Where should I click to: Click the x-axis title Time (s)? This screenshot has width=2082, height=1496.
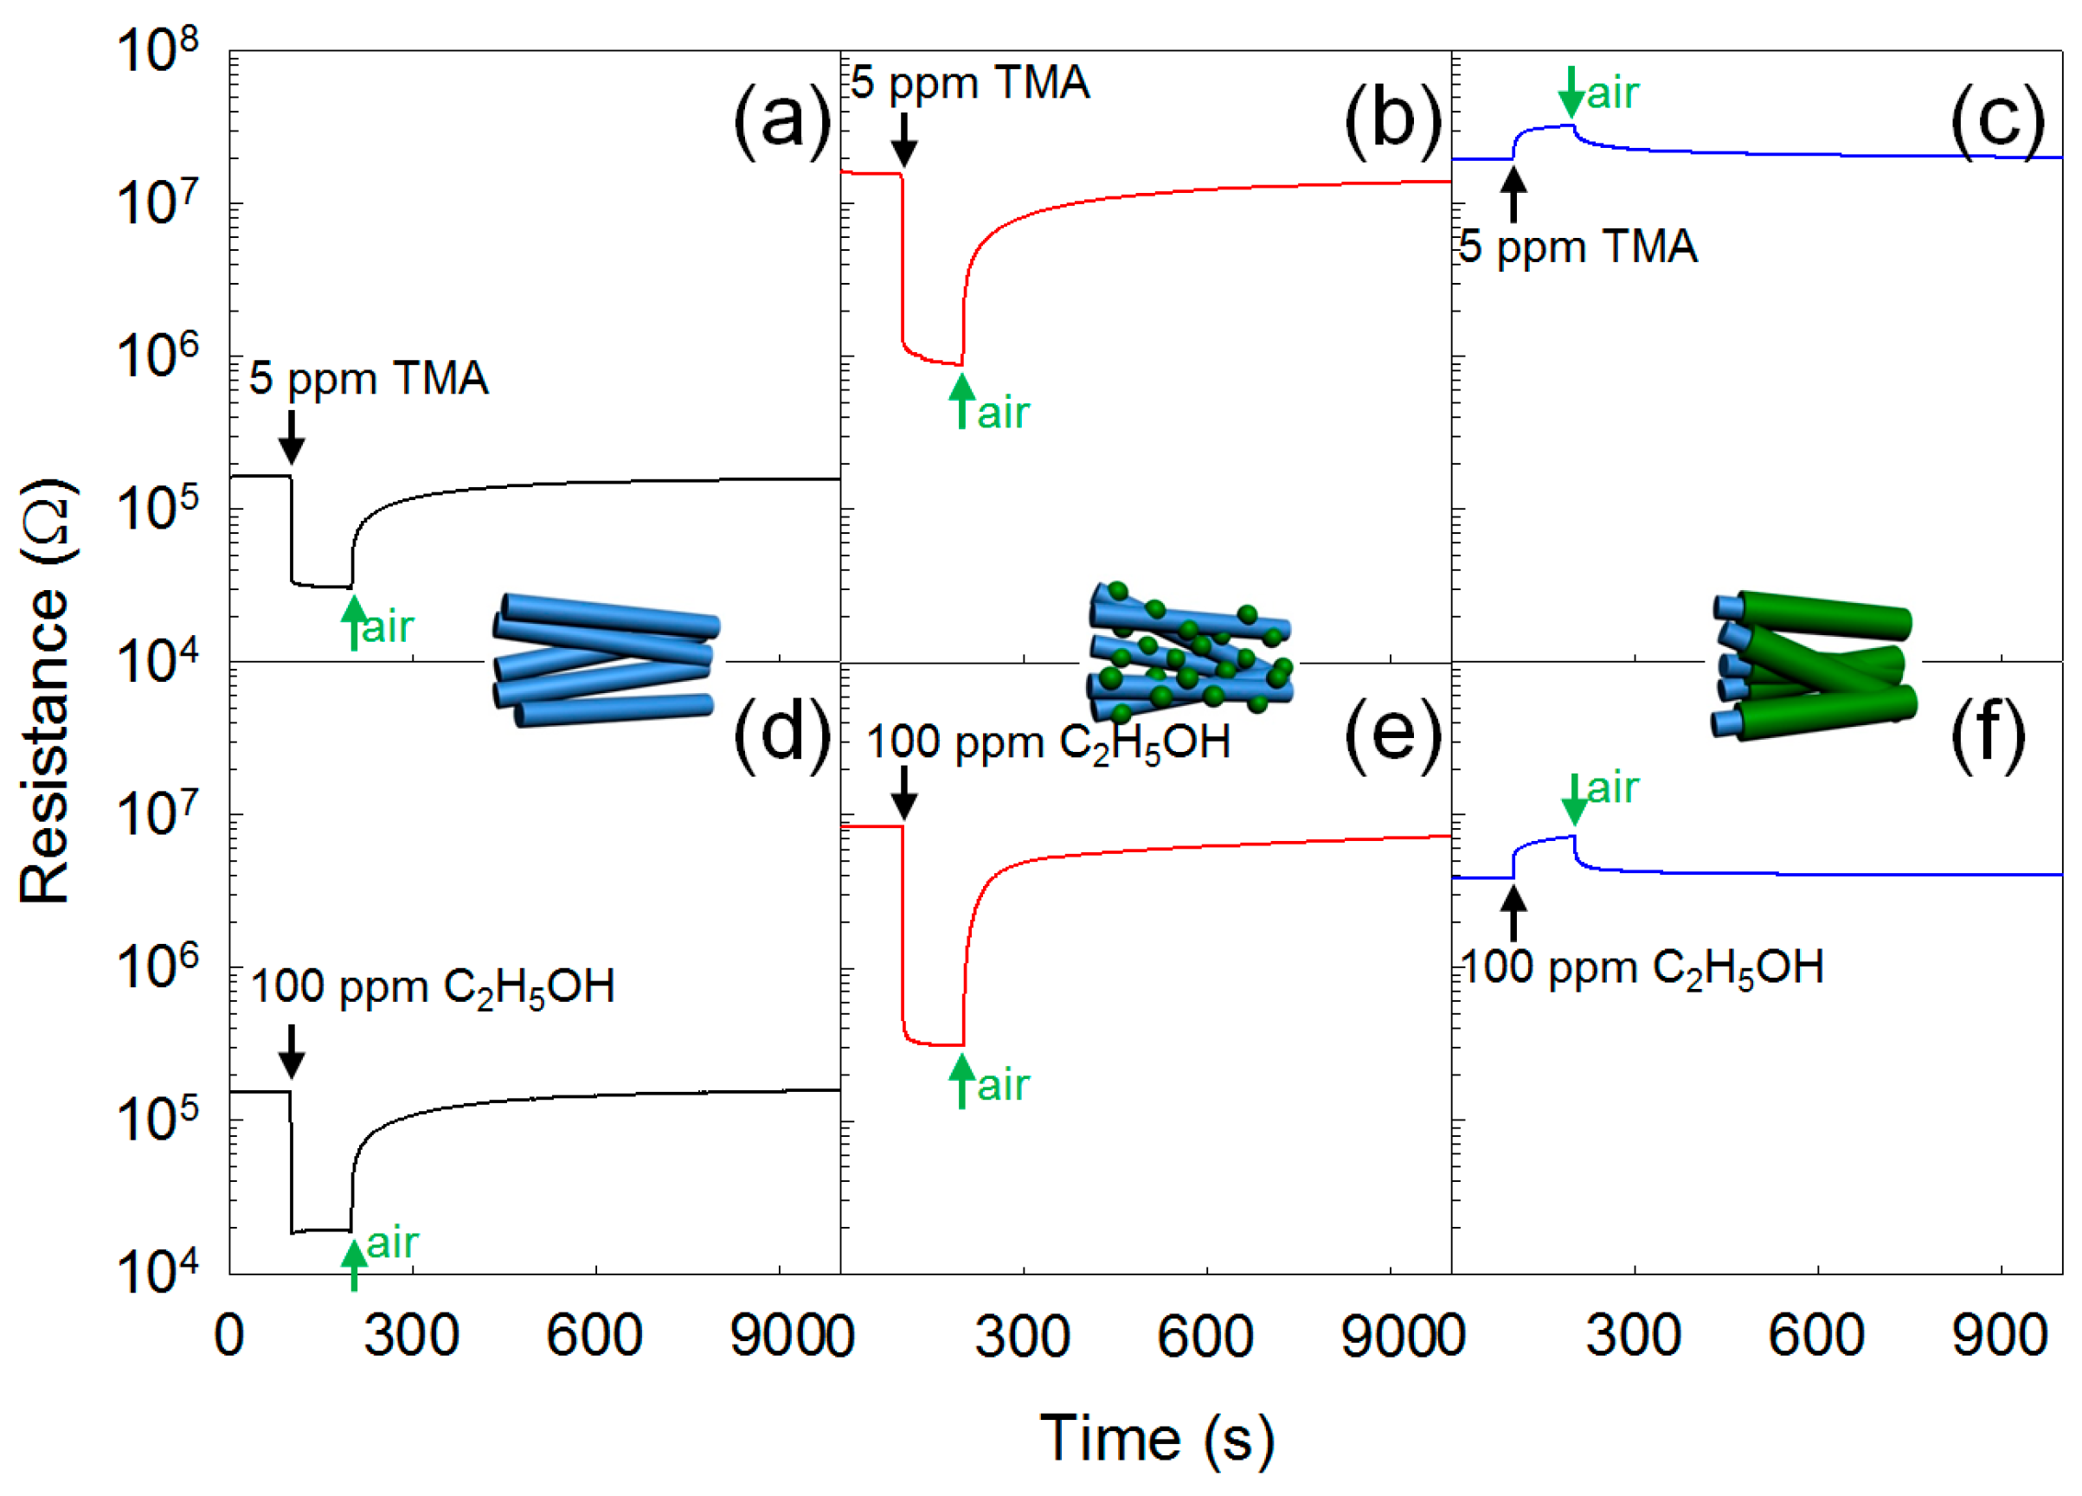pyautogui.click(x=1156, y=1437)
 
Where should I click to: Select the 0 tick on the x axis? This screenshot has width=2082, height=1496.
pyautogui.click(x=228, y=1335)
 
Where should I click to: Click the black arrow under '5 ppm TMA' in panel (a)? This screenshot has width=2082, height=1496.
pyautogui.click(x=291, y=438)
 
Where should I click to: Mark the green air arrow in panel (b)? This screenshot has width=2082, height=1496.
pyautogui.click(x=961, y=402)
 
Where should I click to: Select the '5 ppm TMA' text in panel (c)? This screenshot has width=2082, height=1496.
pyautogui.click(x=1578, y=247)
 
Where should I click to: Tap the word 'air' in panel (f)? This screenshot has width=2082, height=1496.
pyautogui.click(x=1613, y=787)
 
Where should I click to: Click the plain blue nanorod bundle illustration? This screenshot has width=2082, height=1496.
pyautogui.click(x=605, y=660)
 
